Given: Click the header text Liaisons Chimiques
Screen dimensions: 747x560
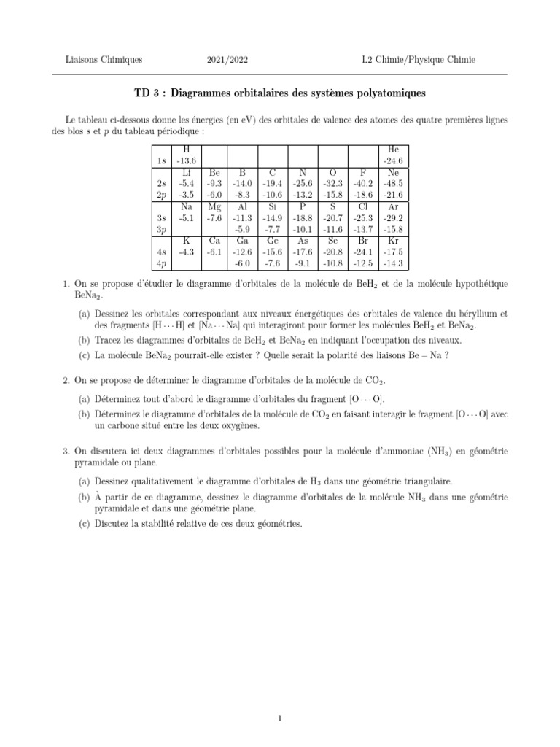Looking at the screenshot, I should pyautogui.click(x=104, y=59).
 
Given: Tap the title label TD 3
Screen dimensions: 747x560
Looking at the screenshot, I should pyautogui.click(x=148, y=93).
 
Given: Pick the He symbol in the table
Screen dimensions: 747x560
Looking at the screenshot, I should pyautogui.click(x=394, y=150).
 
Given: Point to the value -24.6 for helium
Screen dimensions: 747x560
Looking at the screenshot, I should pyautogui.click(x=394, y=160).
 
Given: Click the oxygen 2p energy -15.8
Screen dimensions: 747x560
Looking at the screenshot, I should pyautogui.click(x=334, y=195).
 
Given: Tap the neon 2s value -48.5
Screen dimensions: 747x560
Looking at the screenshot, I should pyautogui.click(x=394, y=184).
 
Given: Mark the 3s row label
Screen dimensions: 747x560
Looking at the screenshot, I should pyautogui.click(x=162, y=217).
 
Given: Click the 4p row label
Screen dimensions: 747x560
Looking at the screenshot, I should pyautogui.click(x=162, y=263).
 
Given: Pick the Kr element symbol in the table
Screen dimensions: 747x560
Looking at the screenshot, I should pyautogui.click(x=394, y=241).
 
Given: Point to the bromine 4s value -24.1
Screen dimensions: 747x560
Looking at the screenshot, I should pyautogui.click(x=363, y=252).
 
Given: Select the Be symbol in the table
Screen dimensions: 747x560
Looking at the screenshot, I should pyautogui.click(x=214, y=172).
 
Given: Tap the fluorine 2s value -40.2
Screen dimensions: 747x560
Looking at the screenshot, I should pyautogui.click(x=363, y=184).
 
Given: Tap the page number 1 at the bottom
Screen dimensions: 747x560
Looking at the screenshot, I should pyautogui.click(x=280, y=698).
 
